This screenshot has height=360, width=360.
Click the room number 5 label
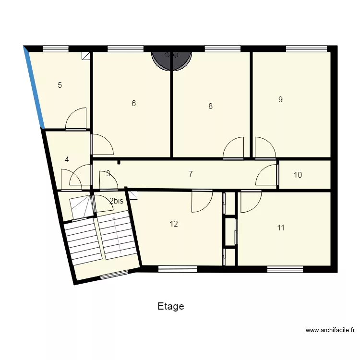[x=60, y=85]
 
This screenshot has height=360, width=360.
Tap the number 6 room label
[x=134, y=103]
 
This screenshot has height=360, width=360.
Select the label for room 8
[x=210, y=107]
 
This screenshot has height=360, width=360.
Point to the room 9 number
[x=280, y=100]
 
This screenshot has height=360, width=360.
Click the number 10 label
[x=298, y=175]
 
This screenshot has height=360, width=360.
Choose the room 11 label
[x=281, y=228]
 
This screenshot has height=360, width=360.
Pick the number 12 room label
[x=174, y=224]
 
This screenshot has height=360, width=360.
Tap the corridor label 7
[x=191, y=174]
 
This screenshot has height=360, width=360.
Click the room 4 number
[x=67, y=160]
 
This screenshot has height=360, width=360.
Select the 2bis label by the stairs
[x=117, y=201]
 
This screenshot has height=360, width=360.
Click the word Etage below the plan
[x=171, y=306]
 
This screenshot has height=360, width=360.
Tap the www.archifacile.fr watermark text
[x=330, y=330]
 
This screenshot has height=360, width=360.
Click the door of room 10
[x=268, y=175]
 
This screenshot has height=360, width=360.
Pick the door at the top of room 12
[x=202, y=201]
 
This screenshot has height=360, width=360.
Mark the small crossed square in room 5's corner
[x=86, y=56]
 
